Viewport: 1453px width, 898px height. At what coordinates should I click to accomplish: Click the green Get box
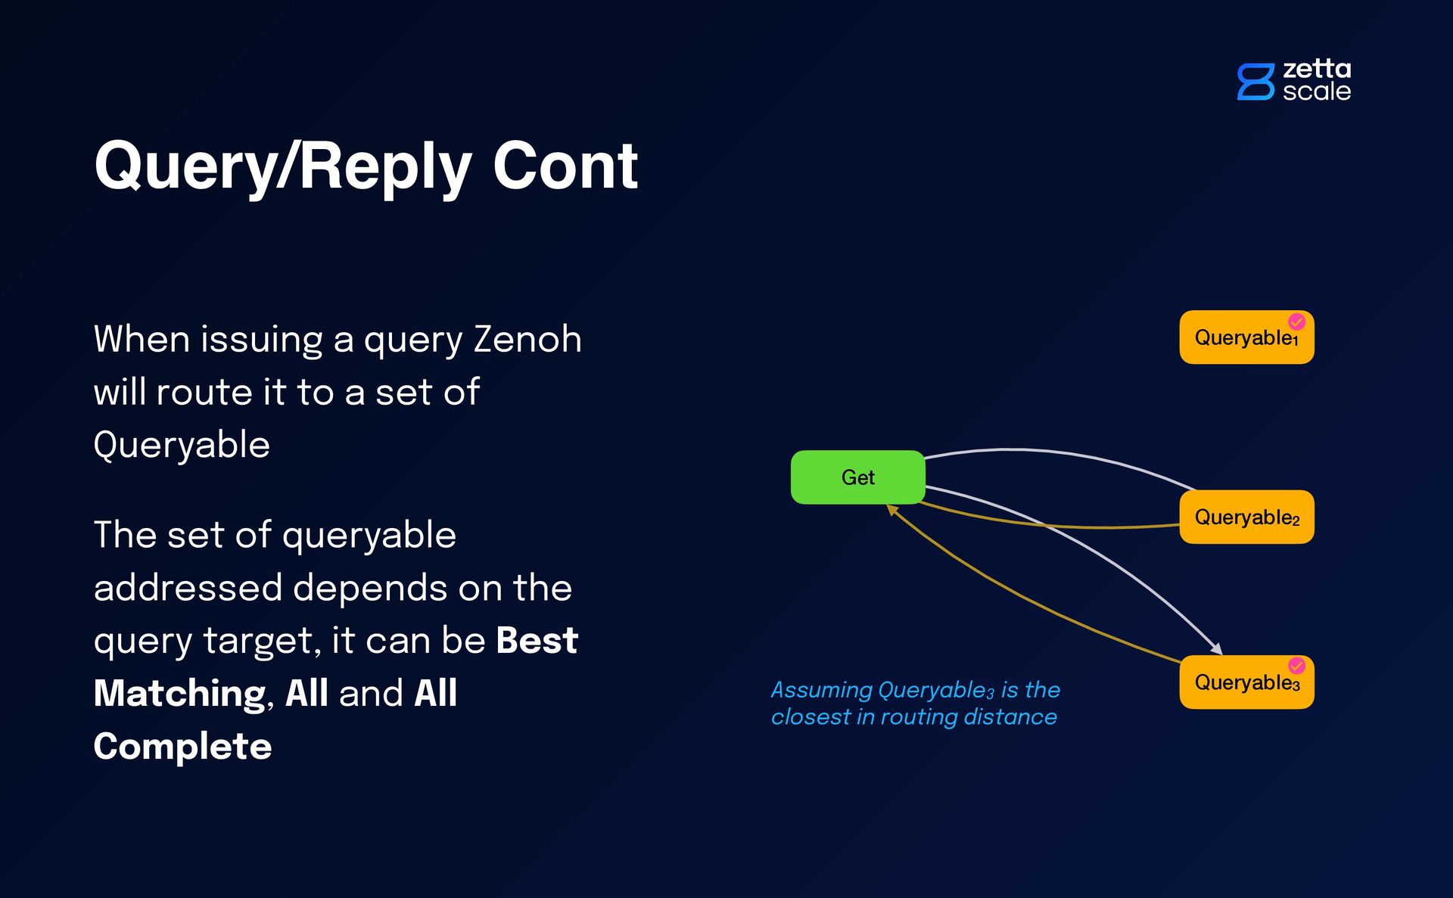[x=857, y=477]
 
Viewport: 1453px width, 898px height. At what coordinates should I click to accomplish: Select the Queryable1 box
[x=1246, y=337]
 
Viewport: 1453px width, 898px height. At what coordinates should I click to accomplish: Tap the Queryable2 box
[x=1246, y=517]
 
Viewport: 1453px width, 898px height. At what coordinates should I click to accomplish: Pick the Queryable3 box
[x=1246, y=682]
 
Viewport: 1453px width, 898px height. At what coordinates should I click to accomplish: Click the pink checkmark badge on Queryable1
[x=1296, y=322]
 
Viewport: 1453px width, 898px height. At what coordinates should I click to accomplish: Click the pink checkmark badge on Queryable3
[x=1296, y=666]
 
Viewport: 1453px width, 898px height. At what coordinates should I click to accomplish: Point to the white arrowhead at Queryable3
[x=1216, y=648]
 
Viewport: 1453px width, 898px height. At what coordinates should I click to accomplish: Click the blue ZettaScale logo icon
[x=1255, y=82]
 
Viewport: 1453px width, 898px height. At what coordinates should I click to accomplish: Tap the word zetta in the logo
[x=1317, y=69]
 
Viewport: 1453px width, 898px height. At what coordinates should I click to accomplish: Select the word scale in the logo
[x=1317, y=92]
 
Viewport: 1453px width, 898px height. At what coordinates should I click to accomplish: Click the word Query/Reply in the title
[x=282, y=166]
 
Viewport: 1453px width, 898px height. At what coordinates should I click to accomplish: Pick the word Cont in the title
[x=565, y=166]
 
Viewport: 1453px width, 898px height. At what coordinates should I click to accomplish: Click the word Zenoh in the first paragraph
[x=527, y=339]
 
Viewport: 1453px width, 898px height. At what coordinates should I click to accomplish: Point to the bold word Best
[x=537, y=641]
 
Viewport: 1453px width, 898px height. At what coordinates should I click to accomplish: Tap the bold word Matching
[x=179, y=694]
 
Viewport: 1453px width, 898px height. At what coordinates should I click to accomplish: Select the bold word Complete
[x=182, y=747]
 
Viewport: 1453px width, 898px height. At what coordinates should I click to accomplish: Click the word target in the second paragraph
[x=257, y=641]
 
